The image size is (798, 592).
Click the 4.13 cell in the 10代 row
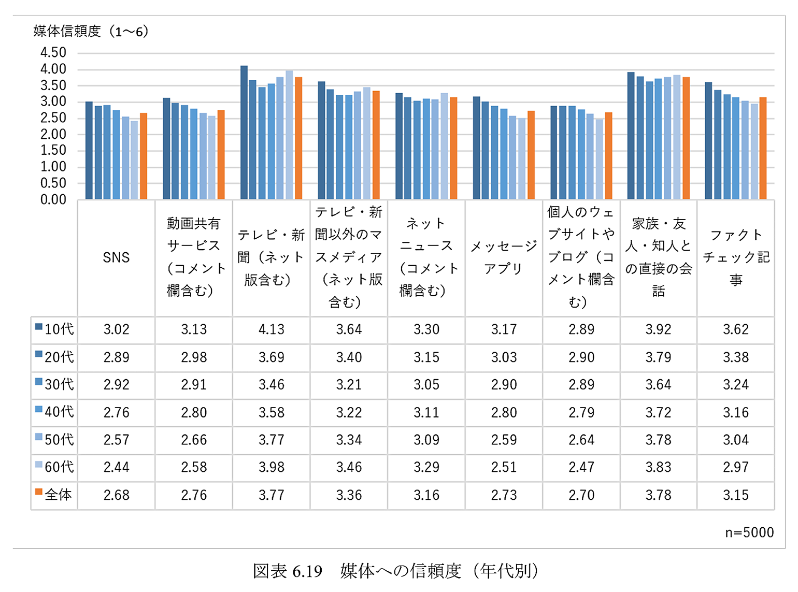click(x=271, y=329)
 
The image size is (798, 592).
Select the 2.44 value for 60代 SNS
click(x=116, y=467)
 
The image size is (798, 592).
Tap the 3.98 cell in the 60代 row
click(x=271, y=467)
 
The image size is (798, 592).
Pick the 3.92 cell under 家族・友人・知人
click(x=658, y=329)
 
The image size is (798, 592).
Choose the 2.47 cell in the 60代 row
click(x=581, y=467)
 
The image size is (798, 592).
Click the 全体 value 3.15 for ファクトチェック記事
click(x=736, y=495)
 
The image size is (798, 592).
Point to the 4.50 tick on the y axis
click(x=53, y=53)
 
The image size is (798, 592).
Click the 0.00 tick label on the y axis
click(x=53, y=199)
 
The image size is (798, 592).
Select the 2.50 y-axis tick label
click(x=53, y=118)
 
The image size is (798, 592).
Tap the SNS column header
click(x=116, y=257)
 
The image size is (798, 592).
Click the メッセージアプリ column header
click(x=504, y=257)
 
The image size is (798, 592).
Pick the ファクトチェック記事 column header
click(x=736, y=257)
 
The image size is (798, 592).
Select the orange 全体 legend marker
click(x=38, y=492)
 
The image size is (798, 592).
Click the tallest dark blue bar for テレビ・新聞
click(x=244, y=132)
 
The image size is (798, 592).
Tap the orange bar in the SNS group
click(x=144, y=156)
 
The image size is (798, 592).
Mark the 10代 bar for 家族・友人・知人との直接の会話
click(x=631, y=136)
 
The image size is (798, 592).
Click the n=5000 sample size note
click(x=749, y=532)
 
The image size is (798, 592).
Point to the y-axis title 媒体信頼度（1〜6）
click(x=91, y=32)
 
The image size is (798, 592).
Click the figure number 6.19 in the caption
click(x=307, y=571)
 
